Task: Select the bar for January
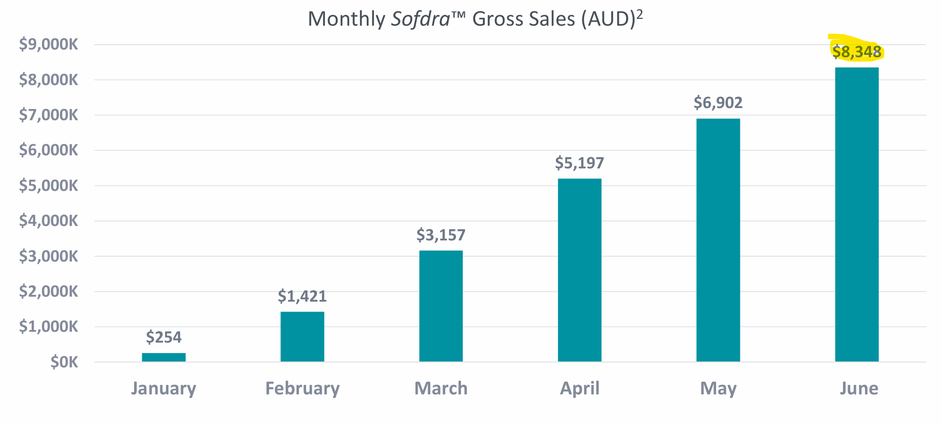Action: (164, 357)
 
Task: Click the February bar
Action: (302, 336)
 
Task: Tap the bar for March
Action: (441, 306)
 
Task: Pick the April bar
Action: (580, 270)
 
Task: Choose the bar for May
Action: (718, 240)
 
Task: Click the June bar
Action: (857, 214)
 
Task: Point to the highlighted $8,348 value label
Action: (856, 52)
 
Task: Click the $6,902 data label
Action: (718, 103)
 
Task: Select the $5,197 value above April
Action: (579, 163)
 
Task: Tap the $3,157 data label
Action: (441, 235)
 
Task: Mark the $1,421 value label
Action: (302, 296)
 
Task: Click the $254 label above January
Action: (164, 337)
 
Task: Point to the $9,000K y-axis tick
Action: (49, 45)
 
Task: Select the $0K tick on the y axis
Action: (64, 362)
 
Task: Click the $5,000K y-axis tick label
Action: (49, 185)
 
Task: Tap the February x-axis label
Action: (302, 388)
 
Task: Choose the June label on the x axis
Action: (859, 388)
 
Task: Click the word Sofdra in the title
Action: (420, 19)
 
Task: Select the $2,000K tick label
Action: (49, 291)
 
